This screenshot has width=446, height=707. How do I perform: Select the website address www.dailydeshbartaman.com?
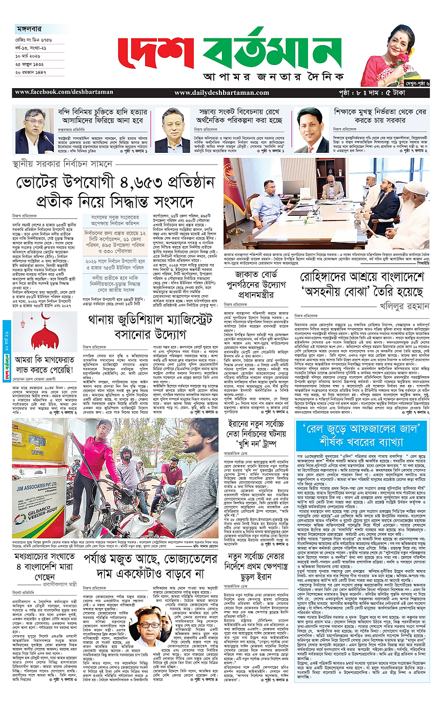tap(214, 93)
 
